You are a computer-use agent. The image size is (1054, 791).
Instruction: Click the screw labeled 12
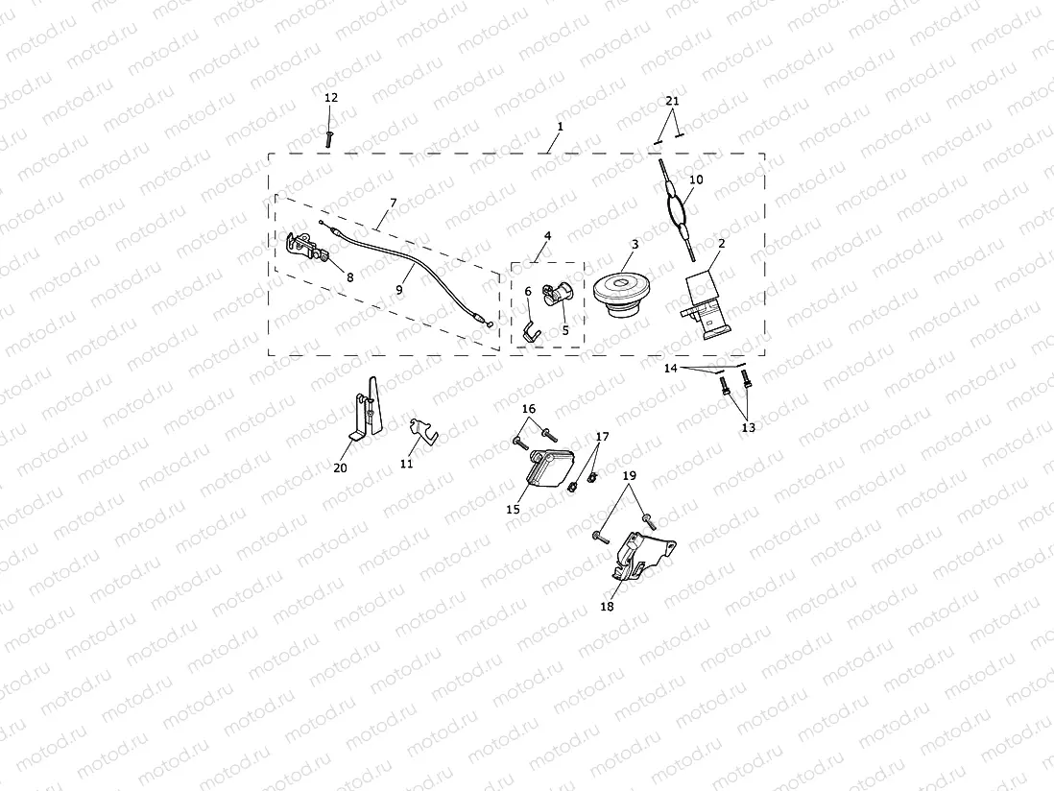pyautogui.click(x=329, y=137)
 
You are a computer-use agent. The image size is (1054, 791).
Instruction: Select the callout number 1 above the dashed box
pyautogui.click(x=561, y=127)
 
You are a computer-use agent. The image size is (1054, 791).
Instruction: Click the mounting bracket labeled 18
pyautogui.click(x=638, y=557)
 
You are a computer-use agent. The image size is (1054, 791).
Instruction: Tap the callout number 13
pyautogui.click(x=748, y=427)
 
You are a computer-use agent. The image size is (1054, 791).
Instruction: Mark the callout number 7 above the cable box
pyautogui.click(x=392, y=204)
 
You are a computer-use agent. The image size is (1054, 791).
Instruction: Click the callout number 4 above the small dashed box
pyautogui.click(x=548, y=235)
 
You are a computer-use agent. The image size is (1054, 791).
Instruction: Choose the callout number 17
pyautogui.click(x=602, y=437)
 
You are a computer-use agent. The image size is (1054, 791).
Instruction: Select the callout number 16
pyautogui.click(x=529, y=409)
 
